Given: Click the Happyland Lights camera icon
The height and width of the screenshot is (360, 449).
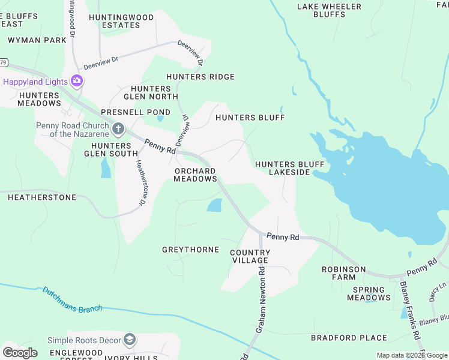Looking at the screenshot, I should pyautogui.click(x=76, y=80).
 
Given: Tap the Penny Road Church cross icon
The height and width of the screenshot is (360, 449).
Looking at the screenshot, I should pyautogui.click(x=118, y=128).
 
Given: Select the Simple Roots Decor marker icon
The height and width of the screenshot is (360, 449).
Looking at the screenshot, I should pyautogui.click(x=130, y=340).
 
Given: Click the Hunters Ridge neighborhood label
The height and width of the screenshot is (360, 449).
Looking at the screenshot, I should pyautogui.click(x=200, y=77).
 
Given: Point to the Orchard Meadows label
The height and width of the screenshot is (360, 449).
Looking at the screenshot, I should pyautogui.click(x=195, y=175).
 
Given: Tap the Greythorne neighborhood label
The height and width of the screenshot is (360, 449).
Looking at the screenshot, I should pyautogui.click(x=190, y=249).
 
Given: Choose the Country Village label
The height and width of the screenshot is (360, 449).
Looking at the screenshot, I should pyautogui.click(x=250, y=256).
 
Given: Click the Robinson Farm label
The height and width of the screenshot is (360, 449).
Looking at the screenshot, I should pyautogui.click(x=343, y=274).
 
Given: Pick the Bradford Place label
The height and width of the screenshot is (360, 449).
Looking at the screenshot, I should pyautogui.click(x=340, y=338).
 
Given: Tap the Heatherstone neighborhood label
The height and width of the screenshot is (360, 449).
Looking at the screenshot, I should pyautogui.click(x=42, y=197).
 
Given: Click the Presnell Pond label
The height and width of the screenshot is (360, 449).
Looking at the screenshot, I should pyautogui.click(x=127, y=112).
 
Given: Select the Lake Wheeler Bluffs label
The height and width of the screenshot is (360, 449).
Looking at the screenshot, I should pyautogui.click(x=330, y=11).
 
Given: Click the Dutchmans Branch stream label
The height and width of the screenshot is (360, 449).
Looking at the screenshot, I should pyautogui.click(x=72, y=299).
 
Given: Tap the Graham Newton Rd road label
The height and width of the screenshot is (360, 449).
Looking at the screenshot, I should pyautogui.click(x=262, y=300).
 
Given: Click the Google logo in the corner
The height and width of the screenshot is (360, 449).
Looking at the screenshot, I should pyautogui.click(x=19, y=352).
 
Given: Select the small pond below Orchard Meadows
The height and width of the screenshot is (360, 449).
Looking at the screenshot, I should pyautogui.click(x=214, y=206).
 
